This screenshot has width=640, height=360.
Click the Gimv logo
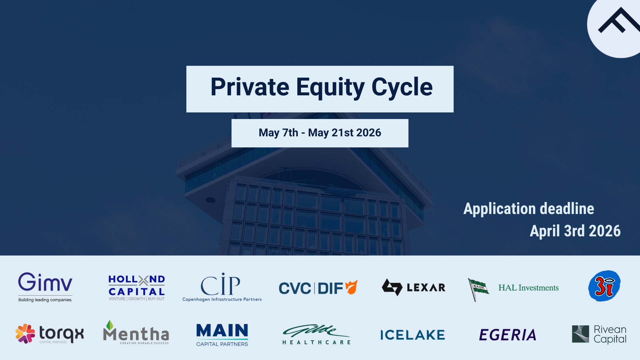[45, 286]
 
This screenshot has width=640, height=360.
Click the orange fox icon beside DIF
[351, 287]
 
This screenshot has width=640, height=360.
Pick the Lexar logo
[413, 287]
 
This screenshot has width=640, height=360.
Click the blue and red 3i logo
[604, 286]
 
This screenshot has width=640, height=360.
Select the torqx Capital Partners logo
[50, 334]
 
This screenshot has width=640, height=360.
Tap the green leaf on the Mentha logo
[109, 325]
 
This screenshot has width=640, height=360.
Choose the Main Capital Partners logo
[222, 335]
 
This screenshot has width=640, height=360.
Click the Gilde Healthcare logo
[316, 334]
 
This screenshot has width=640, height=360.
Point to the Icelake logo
[413, 335]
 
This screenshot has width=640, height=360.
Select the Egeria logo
[507, 335]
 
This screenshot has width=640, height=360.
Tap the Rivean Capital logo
[599, 334]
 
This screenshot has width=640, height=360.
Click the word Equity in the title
[330, 87]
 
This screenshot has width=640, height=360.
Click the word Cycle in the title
[402, 87]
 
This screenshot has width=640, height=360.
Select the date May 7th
[278, 133]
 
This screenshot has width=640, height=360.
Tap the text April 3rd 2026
[575, 231]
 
